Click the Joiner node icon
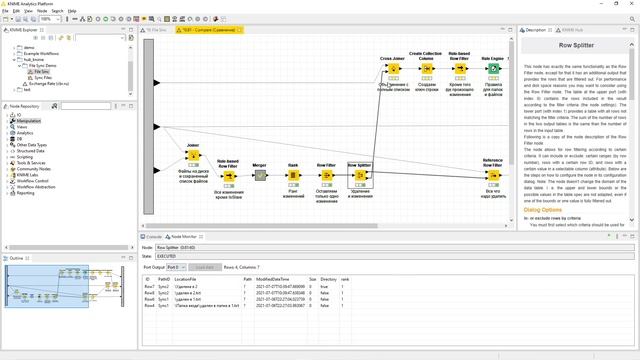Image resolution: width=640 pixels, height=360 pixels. click(x=194, y=156)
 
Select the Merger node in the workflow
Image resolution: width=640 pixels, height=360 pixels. click(x=259, y=175)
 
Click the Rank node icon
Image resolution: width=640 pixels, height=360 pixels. click(x=293, y=175)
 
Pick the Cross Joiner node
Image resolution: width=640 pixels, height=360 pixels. click(x=393, y=70)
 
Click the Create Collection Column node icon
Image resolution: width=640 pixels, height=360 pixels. click(x=427, y=70)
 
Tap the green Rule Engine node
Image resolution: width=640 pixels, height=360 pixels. click(x=492, y=70)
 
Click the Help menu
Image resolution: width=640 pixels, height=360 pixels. click(x=72, y=10)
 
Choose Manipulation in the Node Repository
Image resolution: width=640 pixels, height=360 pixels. click(x=28, y=121)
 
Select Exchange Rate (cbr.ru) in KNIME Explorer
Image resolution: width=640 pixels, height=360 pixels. click(x=47, y=81)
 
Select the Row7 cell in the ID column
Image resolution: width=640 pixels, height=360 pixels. click(x=148, y=287)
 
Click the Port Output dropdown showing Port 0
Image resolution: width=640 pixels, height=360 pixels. click(x=176, y=267)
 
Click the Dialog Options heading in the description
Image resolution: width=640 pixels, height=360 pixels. click(x=544, y=209)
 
